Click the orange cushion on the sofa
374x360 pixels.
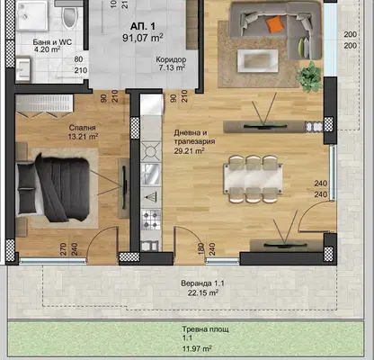[275, 24]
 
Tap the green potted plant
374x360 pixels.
[308, 76]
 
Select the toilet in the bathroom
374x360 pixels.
[70, 15]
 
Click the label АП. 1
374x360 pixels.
[143, 26]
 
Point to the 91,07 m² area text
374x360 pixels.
[143, 38]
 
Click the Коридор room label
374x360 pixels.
[171, 59]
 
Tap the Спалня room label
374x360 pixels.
[82, 128]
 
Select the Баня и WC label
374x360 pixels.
[52, 42]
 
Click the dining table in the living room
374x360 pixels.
[254, 179]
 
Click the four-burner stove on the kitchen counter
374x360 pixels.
[151, 220]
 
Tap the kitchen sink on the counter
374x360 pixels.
[151, 174]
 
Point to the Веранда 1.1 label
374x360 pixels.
[202, 283]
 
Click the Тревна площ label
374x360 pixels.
[205, 329]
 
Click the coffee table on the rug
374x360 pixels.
[258, 61]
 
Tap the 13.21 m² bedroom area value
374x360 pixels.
[84, 137]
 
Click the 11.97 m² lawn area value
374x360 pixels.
[197, 349]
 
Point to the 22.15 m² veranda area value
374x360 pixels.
[203, 292]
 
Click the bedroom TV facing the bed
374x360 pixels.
[124, 188]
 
